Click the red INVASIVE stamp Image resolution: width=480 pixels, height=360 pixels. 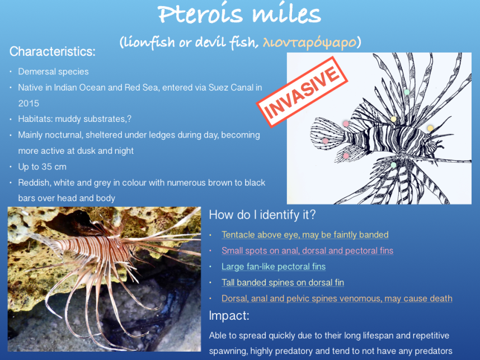[302, 92]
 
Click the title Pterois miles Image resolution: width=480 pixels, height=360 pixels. [239, 14]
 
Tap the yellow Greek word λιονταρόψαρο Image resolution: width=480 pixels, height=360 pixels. [309, 42]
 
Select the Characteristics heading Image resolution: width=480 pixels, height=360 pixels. [53, 51]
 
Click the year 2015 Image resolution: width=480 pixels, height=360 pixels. [29, 103]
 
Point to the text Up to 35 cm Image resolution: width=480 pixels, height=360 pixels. [43, 167]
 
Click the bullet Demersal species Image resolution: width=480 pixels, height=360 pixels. [53, 72]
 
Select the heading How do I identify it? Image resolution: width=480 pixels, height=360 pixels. [262, 215]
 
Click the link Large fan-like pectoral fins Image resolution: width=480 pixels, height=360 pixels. [274, 267]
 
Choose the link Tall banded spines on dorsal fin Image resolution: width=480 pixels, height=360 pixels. [283, 282]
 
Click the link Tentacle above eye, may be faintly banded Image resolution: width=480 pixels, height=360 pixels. [305, 235]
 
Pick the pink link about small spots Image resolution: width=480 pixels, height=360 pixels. [307, 250]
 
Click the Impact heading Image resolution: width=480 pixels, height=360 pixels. [229, 316]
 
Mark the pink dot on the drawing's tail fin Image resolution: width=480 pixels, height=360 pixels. [326, 141]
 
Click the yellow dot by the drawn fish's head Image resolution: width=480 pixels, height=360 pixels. [430, 128]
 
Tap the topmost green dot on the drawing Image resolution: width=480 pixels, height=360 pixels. [407, 92]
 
